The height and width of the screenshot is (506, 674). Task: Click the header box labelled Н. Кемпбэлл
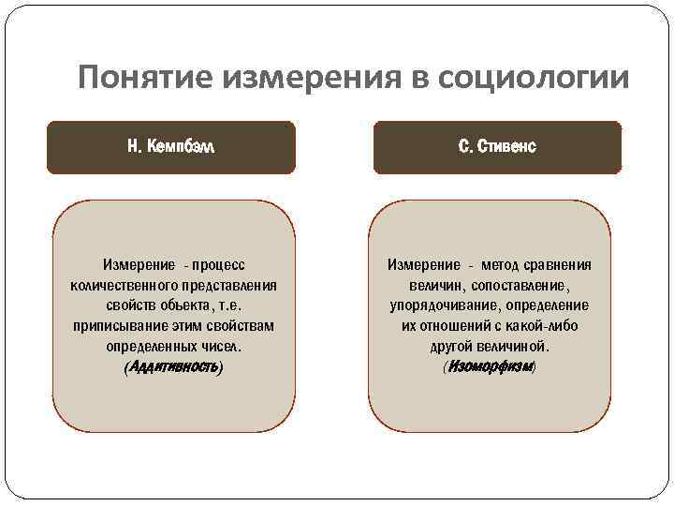pos(171,148)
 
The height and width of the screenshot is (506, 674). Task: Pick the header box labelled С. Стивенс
pos(497,148)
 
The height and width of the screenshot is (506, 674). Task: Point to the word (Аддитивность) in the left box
pos(173,367)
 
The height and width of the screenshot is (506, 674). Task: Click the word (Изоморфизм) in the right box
pos(490,367)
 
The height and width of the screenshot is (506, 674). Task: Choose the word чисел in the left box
pos(221,347)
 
